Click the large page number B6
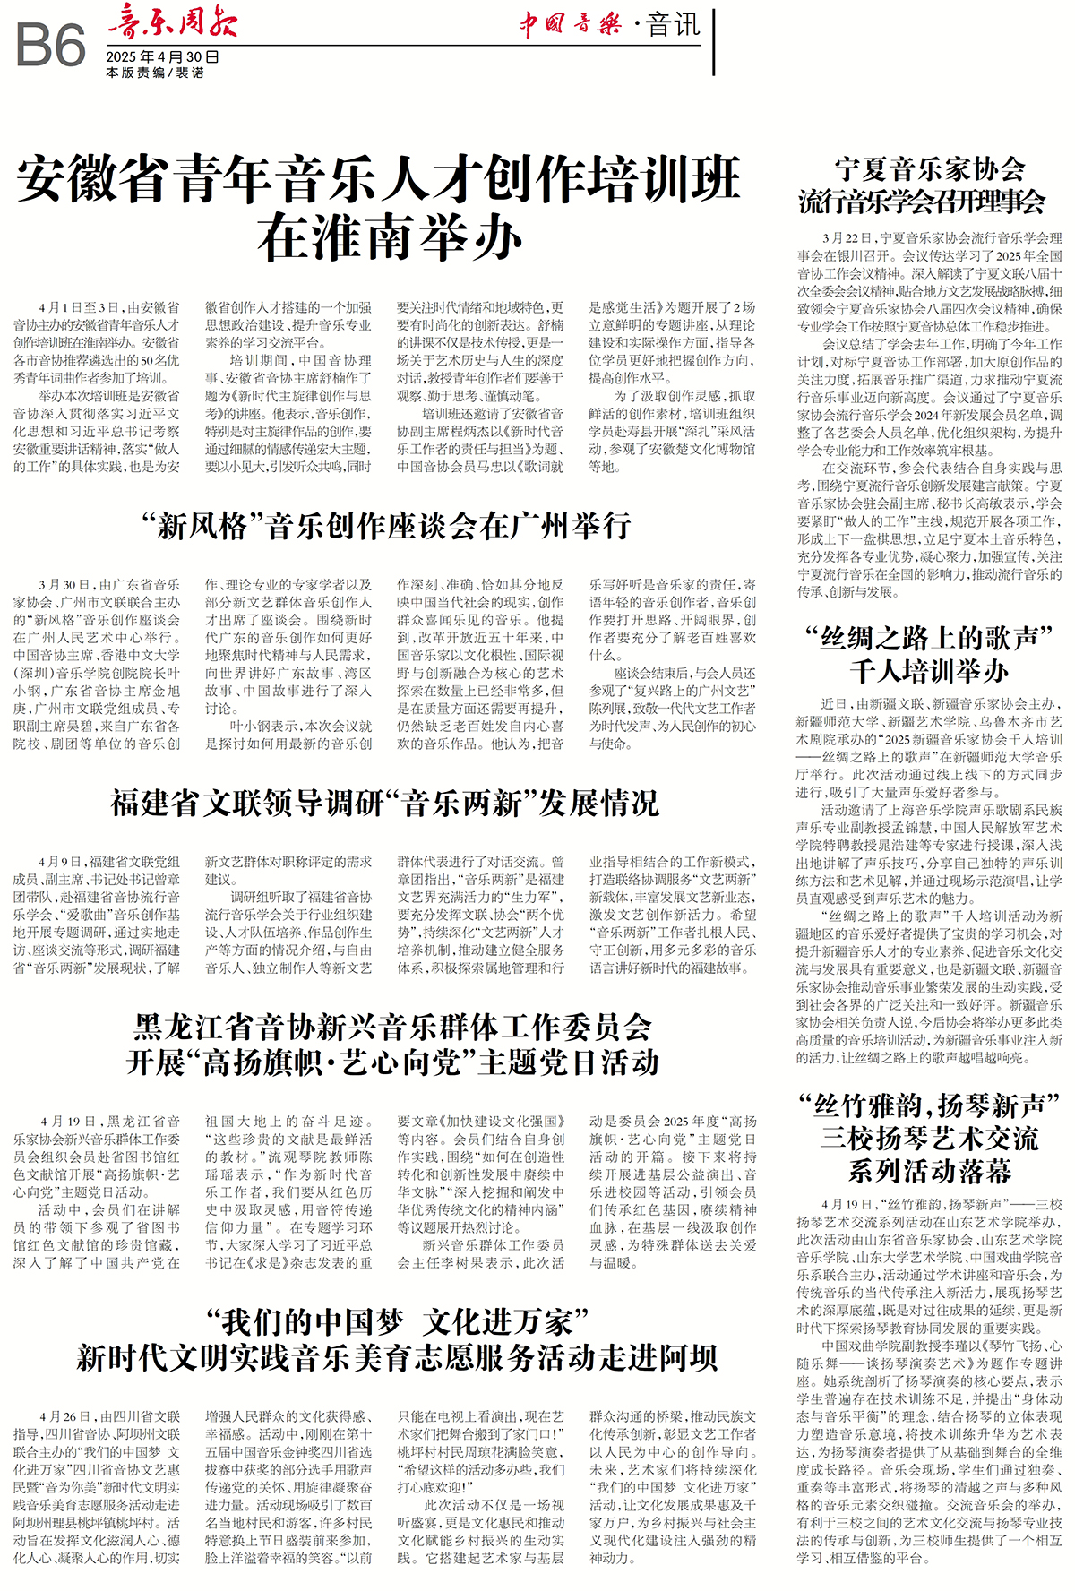pyautogui.click(x=51, y=45)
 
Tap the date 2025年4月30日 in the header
pyautogui.click(x=162, y=56)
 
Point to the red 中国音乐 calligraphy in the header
pyautogui.click(x=571, y=23)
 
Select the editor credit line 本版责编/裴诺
pyautogui.click(x=154, y=73)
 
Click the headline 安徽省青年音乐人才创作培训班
pyautogui.click(x=379, y=178)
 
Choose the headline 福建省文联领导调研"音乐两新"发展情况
pyautogui.click(x=384, y=803)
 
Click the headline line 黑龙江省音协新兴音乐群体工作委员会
pyautogui.click(x=392, y=1027)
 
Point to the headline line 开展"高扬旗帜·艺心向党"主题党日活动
pyautogui.click(x=392, y=1062)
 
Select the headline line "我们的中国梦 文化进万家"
pyautogui.click(x=397, y=1322)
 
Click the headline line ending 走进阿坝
pyautogui.click(x=397, y=1358)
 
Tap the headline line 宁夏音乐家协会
pyautogui.click(x=929, y=169)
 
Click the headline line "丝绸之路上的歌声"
pyautogui.click(x=929, y=639)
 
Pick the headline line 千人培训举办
pyautogui.click(x=929, y=671)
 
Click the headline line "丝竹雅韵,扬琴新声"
pyautogui.click(x=929, y=1105)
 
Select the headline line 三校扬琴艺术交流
pyautogui.click(x=929, y=1139)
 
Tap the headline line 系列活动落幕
pyautogui.click(x=929, y=1171)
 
